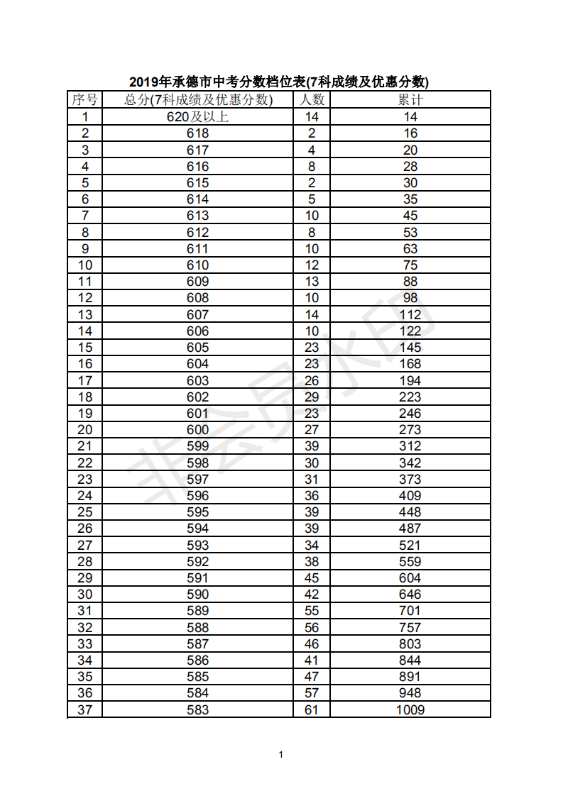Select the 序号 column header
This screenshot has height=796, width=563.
[x=84, y=99]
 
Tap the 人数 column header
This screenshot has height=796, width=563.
[x=312, y=99]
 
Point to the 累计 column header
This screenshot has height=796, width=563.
[x=410, y=99]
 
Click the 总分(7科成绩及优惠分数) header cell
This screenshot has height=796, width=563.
[x=198, y=99]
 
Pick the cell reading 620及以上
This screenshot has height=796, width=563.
[x=198, y=117]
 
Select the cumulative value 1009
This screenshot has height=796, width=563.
[x=410, y=709]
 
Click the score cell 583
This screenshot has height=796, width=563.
[x=198, y=709]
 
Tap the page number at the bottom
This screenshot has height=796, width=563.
[x=281, y=754]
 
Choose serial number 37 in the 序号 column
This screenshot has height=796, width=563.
[x=84, y=709]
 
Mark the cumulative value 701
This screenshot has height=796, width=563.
[x=410, y=611]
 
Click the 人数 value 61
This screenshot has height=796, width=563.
[x=312, y=709]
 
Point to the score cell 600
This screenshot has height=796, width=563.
[x=198, y=430]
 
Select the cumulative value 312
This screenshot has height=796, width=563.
[x=410, y=446]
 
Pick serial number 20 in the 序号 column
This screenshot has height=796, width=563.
[x=84, y=430]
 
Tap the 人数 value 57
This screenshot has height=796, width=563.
[x=312, y=693]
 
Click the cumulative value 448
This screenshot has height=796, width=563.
[x=410, y=512]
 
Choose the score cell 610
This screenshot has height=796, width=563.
[x=198, y=265]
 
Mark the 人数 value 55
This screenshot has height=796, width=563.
[x=312, y=611]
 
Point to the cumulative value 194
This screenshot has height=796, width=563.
[x=410, y=380]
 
